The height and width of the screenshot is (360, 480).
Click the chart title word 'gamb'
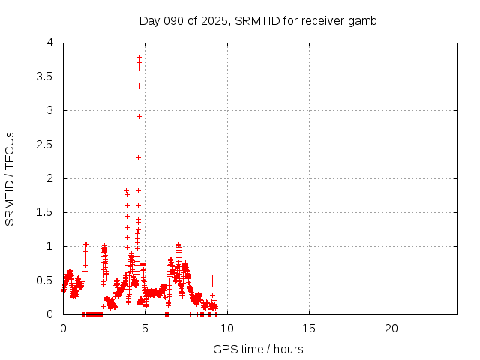click(x=363, y=20)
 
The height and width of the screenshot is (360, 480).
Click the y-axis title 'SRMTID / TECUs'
click(x=10, y=178)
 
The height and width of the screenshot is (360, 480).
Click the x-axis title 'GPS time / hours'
click(x=258, y=349)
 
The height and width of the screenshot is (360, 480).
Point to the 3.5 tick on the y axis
click(x=49, y=76)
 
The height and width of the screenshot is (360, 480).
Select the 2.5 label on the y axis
click(x=49, y=145)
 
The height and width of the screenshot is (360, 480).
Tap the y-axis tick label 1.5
click(x=49, y=212)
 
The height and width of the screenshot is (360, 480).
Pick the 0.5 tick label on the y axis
click(x=49, y=280)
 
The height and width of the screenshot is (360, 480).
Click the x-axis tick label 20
click(x=391, y=328)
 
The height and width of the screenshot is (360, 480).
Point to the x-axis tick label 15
click(x=309, y=328)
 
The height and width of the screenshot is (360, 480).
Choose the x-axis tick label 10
click(x=227, y=328)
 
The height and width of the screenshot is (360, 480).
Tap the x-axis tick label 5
click(x=145, y=328)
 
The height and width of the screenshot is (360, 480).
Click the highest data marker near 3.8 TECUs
click(x=139, y=57)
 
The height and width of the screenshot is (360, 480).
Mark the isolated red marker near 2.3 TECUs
click(x=139, y=157)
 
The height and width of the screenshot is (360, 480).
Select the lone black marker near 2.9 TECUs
click(x=139, y=116)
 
